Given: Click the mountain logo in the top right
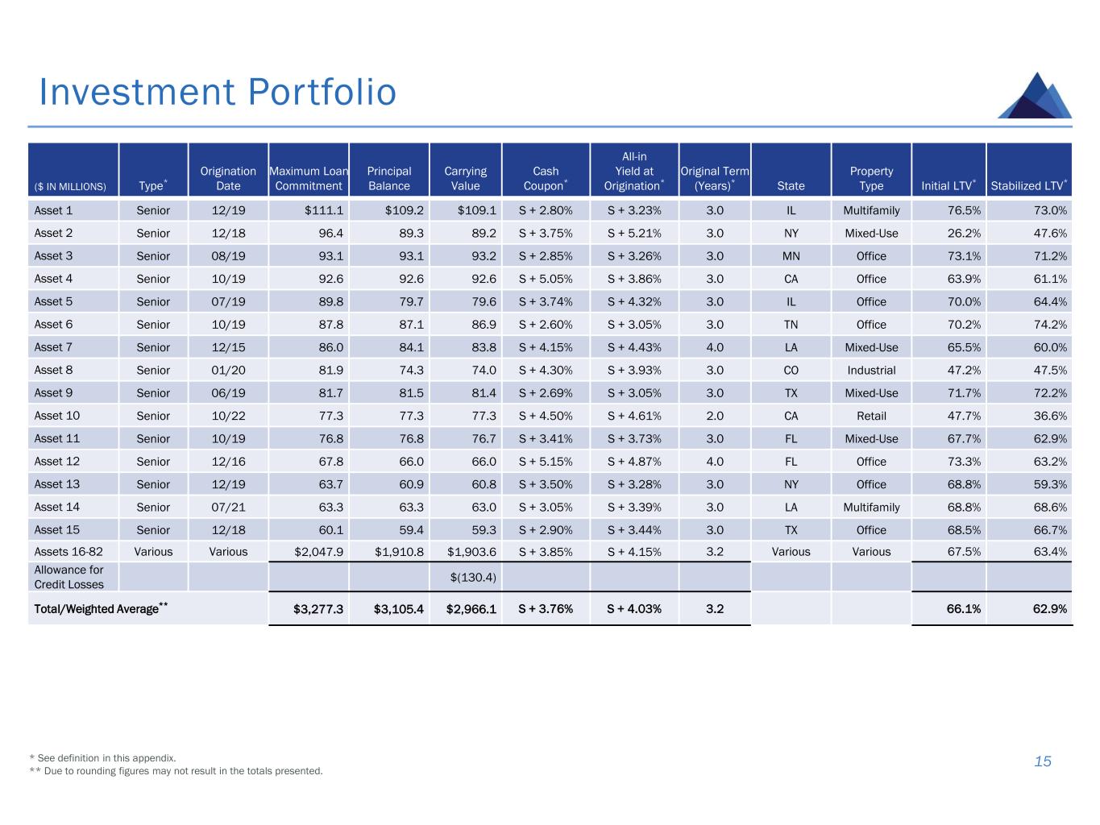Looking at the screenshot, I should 1036,96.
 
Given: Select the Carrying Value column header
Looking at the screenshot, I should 465,178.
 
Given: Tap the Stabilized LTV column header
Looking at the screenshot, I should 1029,185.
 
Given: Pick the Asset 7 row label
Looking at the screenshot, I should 53,347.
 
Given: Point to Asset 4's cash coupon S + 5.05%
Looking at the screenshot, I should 546,279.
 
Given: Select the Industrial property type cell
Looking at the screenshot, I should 871,371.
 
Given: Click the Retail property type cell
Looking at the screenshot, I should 871,416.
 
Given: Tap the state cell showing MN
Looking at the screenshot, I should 791,256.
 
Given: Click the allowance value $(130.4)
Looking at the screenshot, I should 473,578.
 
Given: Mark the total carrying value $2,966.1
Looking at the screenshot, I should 471,609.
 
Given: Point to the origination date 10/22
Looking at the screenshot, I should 228,416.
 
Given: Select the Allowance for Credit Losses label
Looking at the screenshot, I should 68,577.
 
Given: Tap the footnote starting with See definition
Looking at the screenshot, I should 102,758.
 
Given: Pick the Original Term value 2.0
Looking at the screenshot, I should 715,416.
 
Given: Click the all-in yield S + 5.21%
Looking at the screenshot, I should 634,234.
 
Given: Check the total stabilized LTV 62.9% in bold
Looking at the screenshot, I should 1049,609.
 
